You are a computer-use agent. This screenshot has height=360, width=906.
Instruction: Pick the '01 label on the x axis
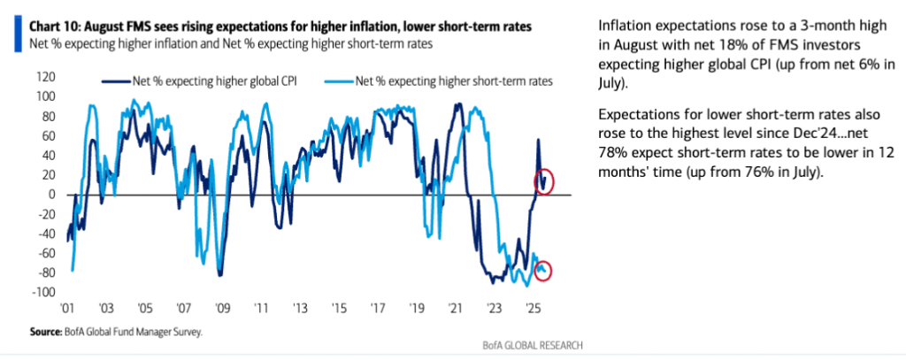point(67,309)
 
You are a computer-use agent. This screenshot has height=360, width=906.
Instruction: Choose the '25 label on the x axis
point(534,309)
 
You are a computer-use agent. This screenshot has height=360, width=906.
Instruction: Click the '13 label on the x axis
point(300,309)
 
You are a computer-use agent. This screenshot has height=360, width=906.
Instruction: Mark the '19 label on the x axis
point(417,309)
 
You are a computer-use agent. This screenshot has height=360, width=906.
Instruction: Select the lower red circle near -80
point(543,271)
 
